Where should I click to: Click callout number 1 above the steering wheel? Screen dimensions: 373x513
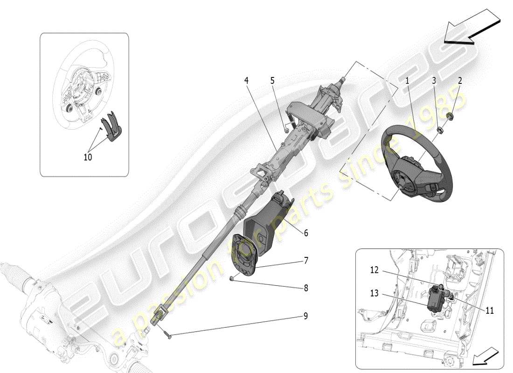[407, 81]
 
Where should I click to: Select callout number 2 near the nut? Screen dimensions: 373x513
[459, 81]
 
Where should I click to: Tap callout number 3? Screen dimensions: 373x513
[434, 81]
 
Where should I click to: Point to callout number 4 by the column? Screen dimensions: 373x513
[246, 80]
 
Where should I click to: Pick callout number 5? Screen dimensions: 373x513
[272, 80]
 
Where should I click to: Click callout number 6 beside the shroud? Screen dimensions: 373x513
[306, 232]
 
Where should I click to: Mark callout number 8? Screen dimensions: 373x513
[306, 288]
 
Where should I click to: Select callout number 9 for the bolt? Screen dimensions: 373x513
[306, 316]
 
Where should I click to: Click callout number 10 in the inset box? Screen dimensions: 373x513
[88, 157]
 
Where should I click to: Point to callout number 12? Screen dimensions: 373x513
[374, 269]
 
